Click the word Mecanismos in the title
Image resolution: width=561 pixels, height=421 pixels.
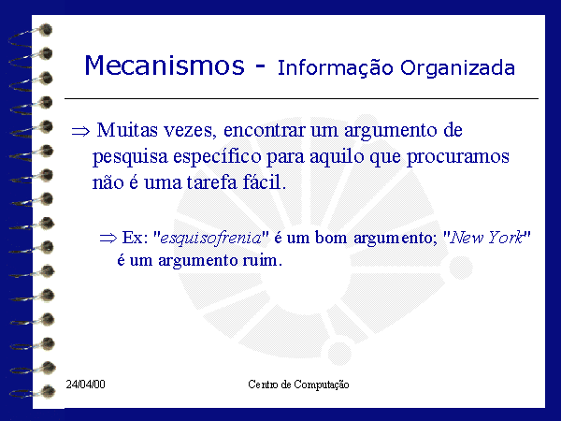[165, 65]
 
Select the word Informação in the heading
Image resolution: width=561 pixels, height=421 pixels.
[336, 68]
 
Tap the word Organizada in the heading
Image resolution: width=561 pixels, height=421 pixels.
[457, 68]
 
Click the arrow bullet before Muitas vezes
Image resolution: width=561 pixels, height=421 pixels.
[80, 131]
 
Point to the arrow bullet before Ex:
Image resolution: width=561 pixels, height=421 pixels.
[108, 238]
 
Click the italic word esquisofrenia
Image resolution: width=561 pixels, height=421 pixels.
[210, 238]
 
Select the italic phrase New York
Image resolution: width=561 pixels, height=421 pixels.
[486, 238]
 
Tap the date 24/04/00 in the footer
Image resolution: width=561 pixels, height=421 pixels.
[85, 385]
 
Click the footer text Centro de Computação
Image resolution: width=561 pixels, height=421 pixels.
[298, 385]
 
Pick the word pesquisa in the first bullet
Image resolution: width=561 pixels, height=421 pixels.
[130, 157]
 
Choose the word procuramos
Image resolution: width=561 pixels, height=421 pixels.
[458, 157]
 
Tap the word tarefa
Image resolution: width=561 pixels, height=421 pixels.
[212, 182]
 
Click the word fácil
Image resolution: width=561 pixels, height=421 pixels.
[265, 181]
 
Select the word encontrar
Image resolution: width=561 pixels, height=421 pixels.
[264, 130]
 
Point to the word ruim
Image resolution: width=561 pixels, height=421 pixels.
[262, 260]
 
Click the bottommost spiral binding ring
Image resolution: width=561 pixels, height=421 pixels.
[32, 392]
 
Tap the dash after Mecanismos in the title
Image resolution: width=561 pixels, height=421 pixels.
[261, 66]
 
